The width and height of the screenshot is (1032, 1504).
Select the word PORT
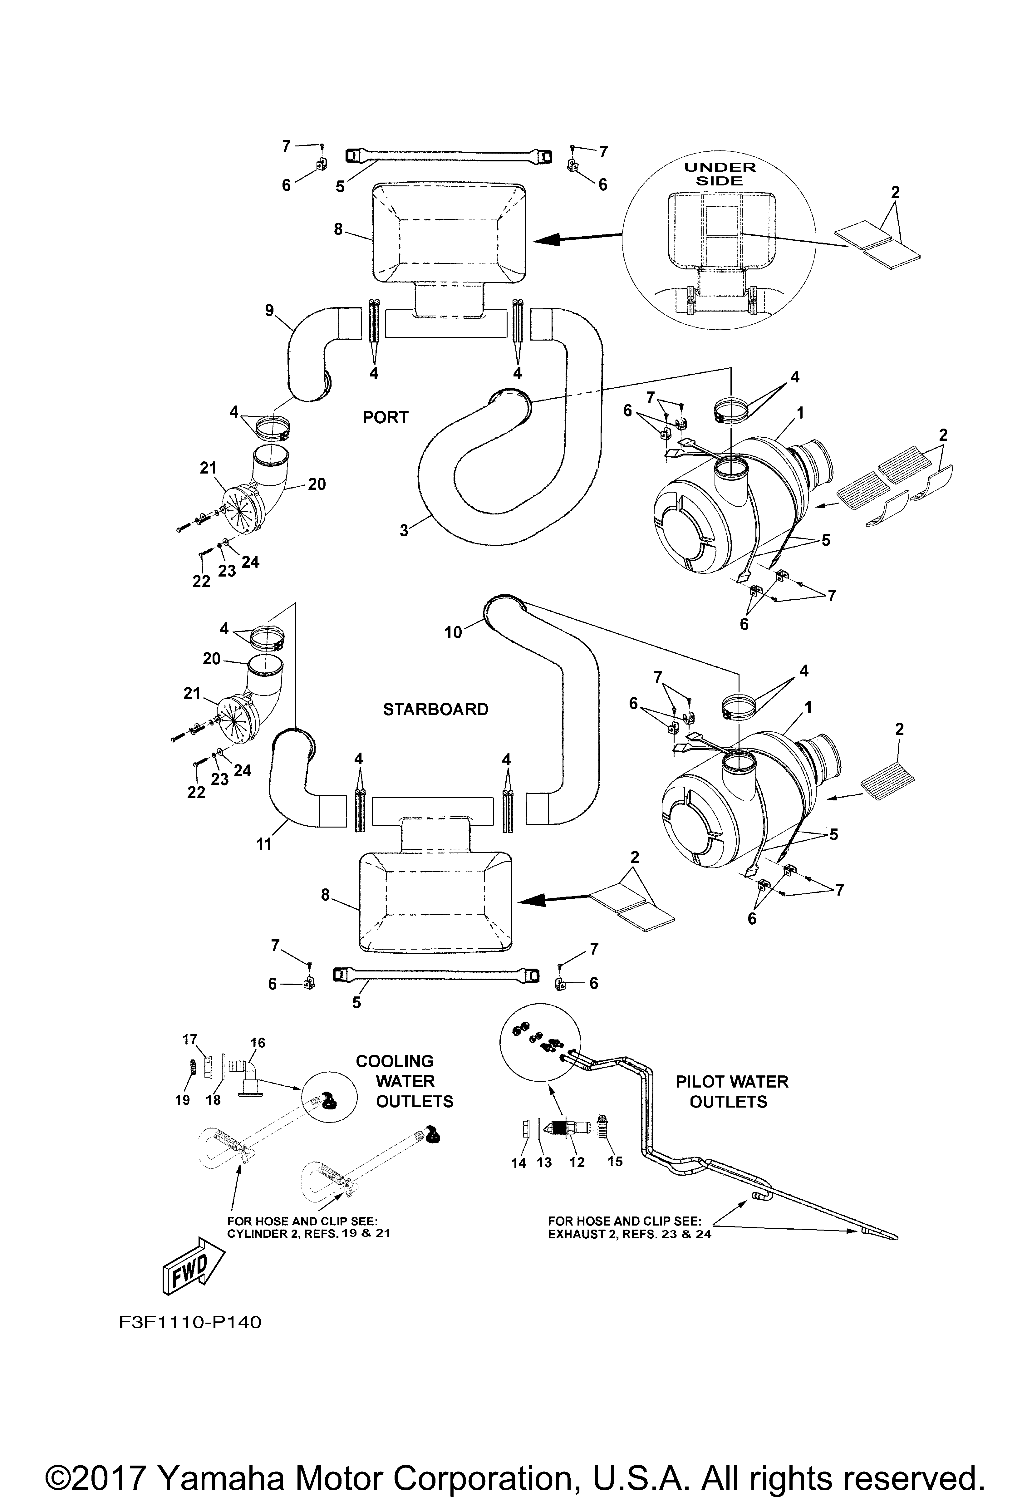coord(386,417)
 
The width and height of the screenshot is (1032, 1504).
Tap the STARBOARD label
coord(435,709)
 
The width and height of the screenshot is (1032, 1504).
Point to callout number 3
coord(404,531)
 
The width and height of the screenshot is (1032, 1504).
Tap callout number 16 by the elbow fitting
coord(258,1043)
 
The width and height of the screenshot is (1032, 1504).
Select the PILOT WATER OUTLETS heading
coord(732,1091)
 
